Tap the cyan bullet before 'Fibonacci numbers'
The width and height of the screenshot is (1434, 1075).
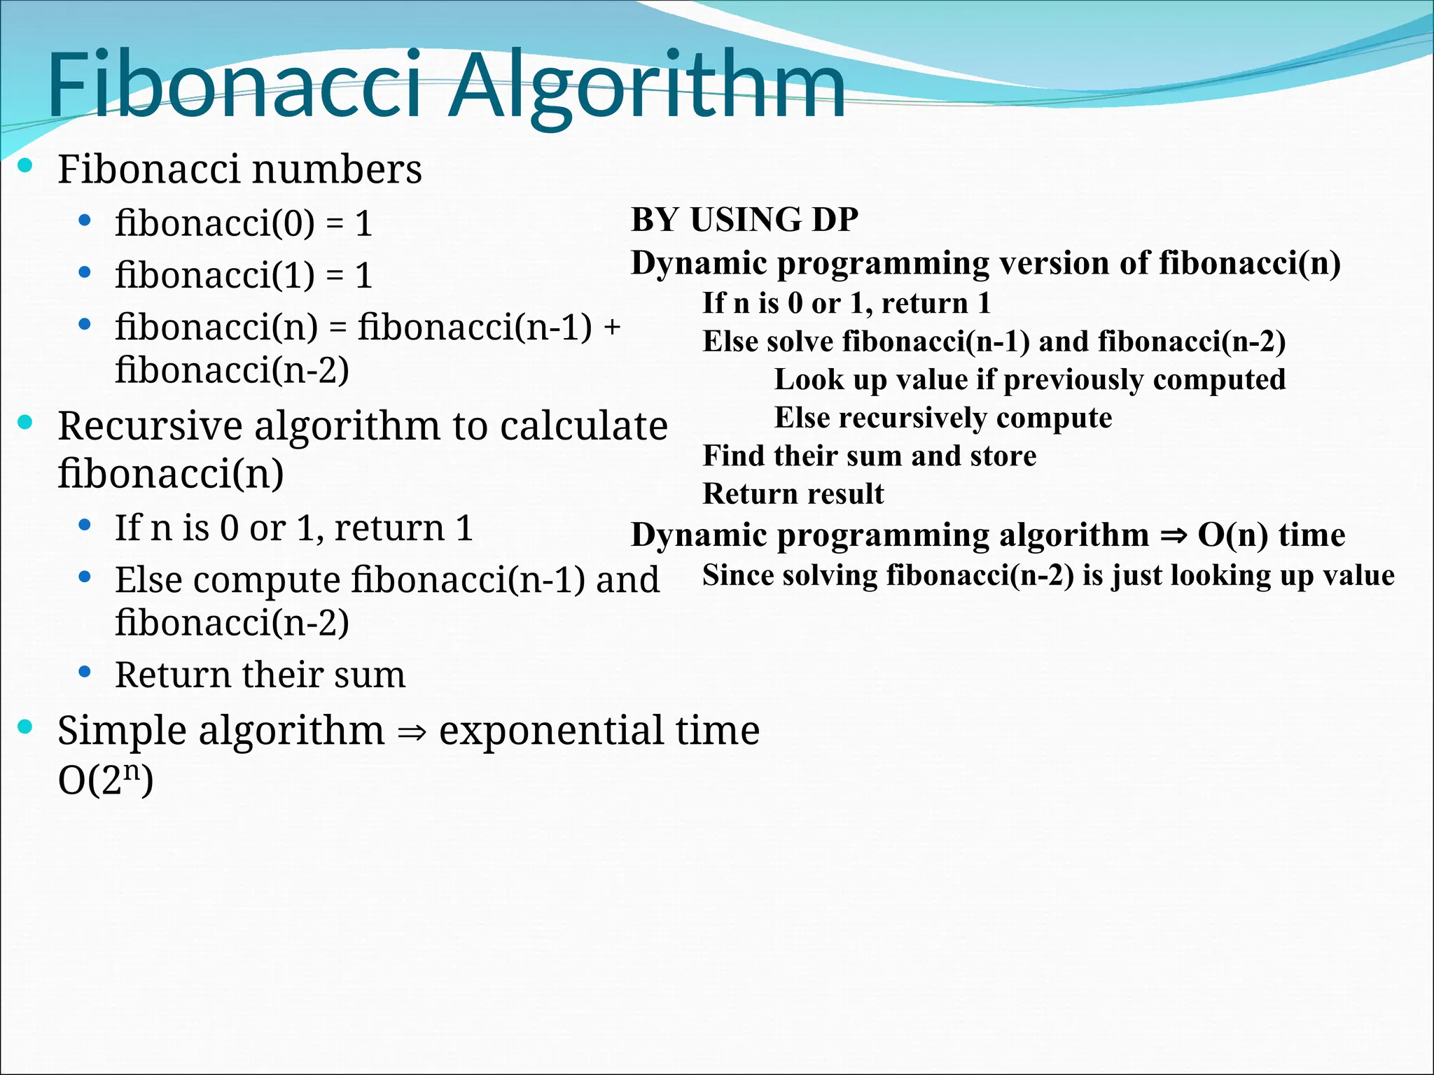26,166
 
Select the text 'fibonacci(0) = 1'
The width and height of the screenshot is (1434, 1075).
244,224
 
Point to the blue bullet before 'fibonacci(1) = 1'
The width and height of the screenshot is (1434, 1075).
85,272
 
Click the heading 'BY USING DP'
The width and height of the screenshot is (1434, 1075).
744,220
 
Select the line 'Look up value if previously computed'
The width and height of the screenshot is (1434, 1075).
1029,380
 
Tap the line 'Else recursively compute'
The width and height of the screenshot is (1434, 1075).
942,418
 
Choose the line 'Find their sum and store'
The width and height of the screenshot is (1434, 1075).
869,456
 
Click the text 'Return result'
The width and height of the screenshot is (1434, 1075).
793,494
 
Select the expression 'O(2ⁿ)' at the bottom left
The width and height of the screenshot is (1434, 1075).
105,780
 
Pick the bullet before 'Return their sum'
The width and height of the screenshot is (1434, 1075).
85,673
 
